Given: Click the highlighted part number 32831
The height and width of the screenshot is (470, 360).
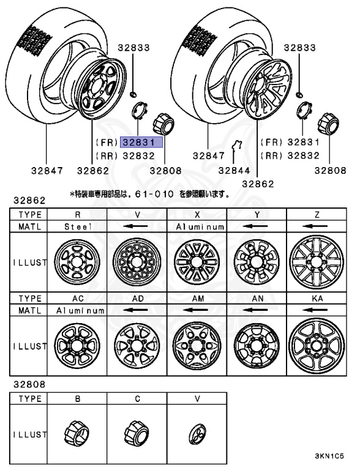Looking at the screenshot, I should (x=141, y=142).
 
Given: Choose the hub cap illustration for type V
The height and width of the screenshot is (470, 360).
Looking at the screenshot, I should (x=197, y=434).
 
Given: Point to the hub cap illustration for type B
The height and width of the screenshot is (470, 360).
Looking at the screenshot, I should (x=78, y=434).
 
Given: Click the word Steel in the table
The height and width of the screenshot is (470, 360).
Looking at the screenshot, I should (x=78, y=226).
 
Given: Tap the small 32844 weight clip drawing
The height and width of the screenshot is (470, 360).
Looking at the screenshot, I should (x=238, y=147).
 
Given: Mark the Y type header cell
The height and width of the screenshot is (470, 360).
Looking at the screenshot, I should (x=257, y=215).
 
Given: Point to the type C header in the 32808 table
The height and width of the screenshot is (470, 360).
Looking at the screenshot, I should (x=137, y=398).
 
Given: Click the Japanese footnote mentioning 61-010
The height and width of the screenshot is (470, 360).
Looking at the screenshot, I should (x=150, y=195).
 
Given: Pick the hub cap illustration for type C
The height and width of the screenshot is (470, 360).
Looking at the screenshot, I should (x=137, y=434).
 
